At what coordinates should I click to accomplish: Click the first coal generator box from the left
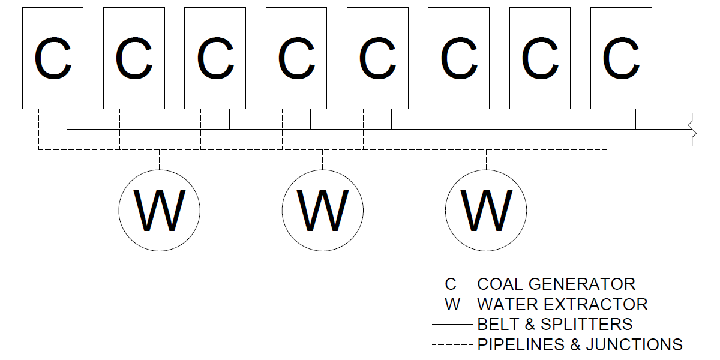(53, 58)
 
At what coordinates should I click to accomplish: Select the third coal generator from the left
(215, 58)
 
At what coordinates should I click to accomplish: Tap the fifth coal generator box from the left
(377, 58)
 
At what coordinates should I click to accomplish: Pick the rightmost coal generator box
(621, 58)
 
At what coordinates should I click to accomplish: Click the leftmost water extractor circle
(159, 211)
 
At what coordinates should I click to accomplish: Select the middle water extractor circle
(323, 211)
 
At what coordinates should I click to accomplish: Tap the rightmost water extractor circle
(486, 211)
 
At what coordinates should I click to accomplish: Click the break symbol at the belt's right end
(694, 129)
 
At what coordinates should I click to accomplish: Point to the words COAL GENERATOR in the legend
(556, 284)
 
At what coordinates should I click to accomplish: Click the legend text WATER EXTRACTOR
(562, 304)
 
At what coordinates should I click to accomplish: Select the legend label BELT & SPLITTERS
(555, 325)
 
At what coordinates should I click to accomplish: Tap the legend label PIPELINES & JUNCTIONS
(580, 345)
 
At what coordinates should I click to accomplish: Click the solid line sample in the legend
(453, 325)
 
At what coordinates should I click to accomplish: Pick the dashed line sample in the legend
(453, 345)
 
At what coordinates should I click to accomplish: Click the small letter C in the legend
(451, 284)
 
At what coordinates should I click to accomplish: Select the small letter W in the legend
(452, 304)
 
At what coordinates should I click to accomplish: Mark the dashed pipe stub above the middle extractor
(323, 160)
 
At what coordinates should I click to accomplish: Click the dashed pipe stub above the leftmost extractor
(159, 160)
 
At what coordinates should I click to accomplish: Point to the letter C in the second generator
(134, 58)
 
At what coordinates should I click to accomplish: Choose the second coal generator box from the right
(540, 58)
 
